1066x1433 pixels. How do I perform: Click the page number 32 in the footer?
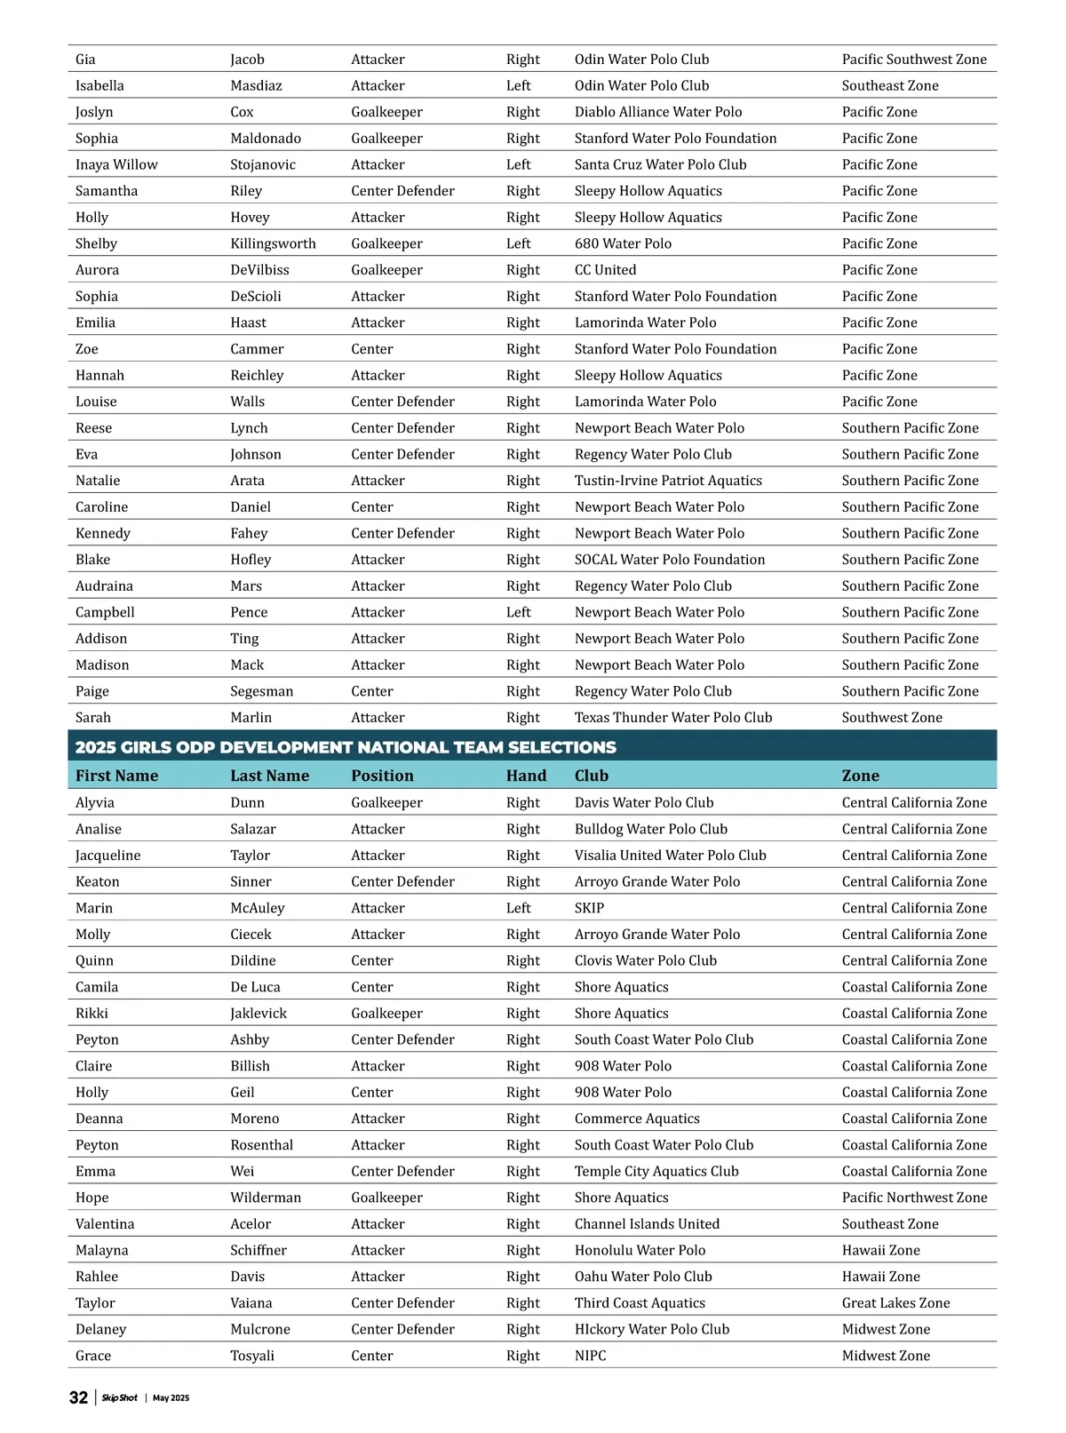pyautogui.click(x=78, y=1397)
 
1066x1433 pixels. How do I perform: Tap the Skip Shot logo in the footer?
pyautogui.click(x=119, y=1397)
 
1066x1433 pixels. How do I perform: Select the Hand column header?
pyautogui.click(x=526, y=776)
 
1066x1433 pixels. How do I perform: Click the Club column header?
pyautogui.click(x=591, y=776)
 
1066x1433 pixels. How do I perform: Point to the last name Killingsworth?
pyautogui.click(x=273, y=243)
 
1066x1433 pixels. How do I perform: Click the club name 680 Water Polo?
pyautogui.click(x=623, y=243)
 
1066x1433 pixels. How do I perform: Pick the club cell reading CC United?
pyautogui.click(x=605, y=270)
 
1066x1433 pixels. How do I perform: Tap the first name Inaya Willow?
pyautogui.click(x=116, y=164)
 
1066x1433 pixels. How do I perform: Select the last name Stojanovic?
pyautogui.click(x=263, y=164)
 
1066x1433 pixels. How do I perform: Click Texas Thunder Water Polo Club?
pyautogui.click(x=672, y=717)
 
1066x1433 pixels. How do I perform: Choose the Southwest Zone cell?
pyautogui.click(x=892, y=717)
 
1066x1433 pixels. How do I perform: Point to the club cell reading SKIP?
pyautogui.click(x=589, y=908)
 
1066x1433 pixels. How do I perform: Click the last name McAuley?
pyautogui.click(x=258, y=908)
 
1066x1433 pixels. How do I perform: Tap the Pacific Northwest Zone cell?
pyautogui.click(x=914, y=1198)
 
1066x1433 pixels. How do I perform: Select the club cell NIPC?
pyautogui.click(x=590, y=1356)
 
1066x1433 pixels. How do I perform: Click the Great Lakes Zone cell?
pyautogui.click(x=895, y=1303)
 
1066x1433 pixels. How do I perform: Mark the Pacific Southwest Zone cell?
pyautogui.click(x=914, y=60)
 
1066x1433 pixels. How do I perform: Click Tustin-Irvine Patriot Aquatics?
pyautogui.click(x=668, y=481)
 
